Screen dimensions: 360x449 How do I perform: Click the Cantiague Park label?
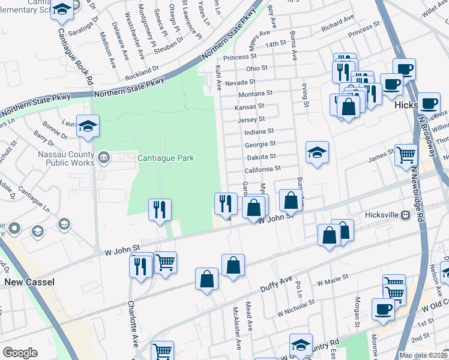tap(166, 158)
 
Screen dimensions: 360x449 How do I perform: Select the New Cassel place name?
tap(29, 281)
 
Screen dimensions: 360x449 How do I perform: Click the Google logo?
tap(20, 353)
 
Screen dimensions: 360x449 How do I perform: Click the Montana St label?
tap(256, 94)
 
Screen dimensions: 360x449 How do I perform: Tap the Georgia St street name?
tap(260, 144)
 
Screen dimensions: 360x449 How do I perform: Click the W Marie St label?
tap(333, 281)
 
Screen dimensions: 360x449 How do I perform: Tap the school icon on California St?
tap(317, 152)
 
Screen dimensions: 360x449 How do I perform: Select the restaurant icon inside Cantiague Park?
tap(160, 209)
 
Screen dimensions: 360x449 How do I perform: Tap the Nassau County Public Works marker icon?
tap(103, 158)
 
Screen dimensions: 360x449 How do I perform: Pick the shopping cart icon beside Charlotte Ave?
tap(166, 262)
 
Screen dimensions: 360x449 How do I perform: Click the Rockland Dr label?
tap(142, 73)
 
